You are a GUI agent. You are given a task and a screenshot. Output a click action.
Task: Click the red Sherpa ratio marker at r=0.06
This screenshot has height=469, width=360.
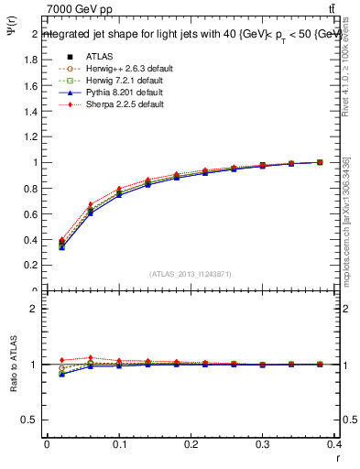pos(90,358)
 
